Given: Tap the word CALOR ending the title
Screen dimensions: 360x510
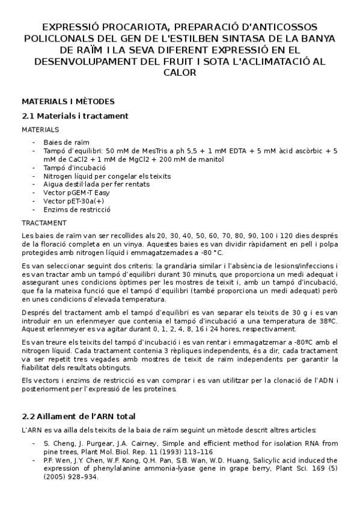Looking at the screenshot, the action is [180, 73].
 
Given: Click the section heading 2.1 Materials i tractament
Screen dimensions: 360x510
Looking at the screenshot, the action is [75, 115].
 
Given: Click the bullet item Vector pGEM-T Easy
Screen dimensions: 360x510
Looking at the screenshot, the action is [76, 193].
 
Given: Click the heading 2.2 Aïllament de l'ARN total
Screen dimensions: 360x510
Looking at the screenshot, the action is [78, 416].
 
